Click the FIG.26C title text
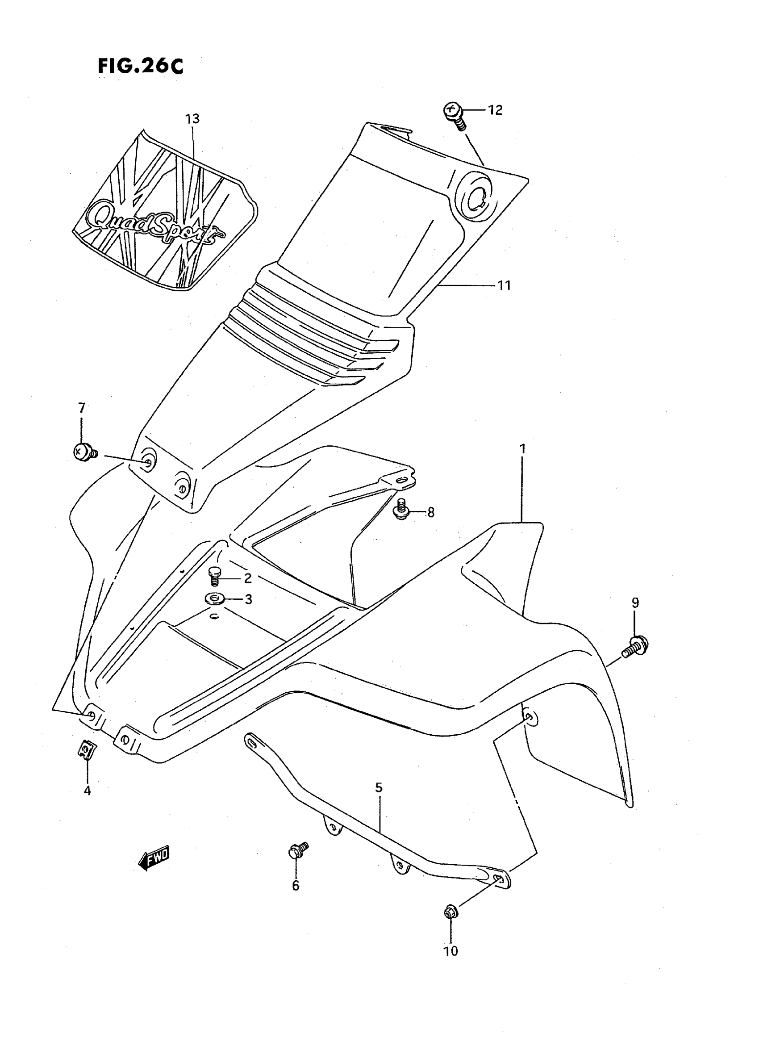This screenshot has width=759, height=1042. pyautogui.click(x=141, y=67)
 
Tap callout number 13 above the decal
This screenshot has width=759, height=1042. pyautogui.click(x=192, y=119)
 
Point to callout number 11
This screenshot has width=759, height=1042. pyautogui.click(x=505, y=285)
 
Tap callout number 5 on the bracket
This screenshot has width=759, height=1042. pyautogui.click(x=378, y=788)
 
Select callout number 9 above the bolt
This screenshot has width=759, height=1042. pyautogui.click(x=635, y=603)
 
